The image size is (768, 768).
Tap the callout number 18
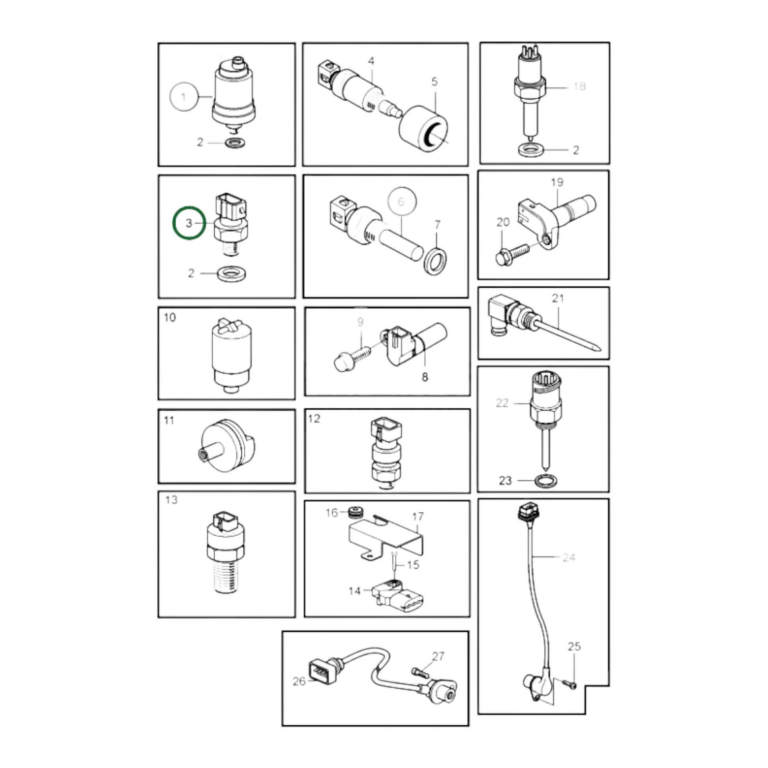(579, 87)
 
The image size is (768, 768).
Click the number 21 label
(558, 298)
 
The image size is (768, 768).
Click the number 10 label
(170, 318)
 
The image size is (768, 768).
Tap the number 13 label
(171, 500)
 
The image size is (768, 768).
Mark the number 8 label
(425, 377)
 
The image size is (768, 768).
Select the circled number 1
(184, 97)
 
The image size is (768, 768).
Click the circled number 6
(402, 202)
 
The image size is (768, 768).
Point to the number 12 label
(314, 419)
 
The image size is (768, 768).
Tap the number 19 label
(557, 182)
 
